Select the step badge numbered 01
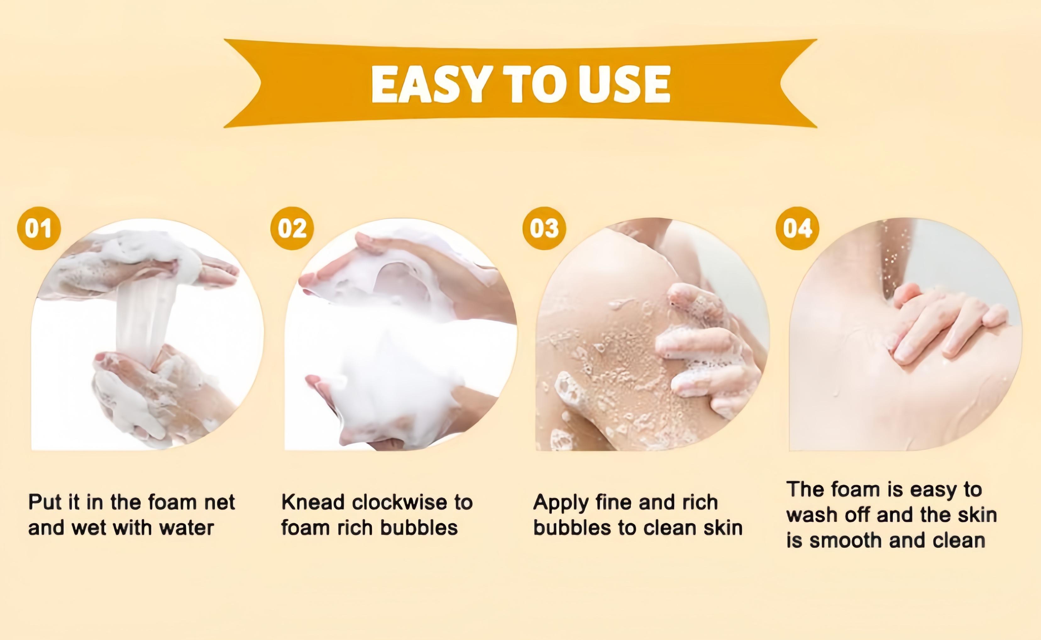39,228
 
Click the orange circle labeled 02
292,228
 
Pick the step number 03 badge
544,228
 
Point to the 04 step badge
797,228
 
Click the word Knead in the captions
313,502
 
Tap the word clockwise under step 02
399,502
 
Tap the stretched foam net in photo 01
142,317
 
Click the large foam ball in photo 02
394,381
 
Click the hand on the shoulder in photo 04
944,326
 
